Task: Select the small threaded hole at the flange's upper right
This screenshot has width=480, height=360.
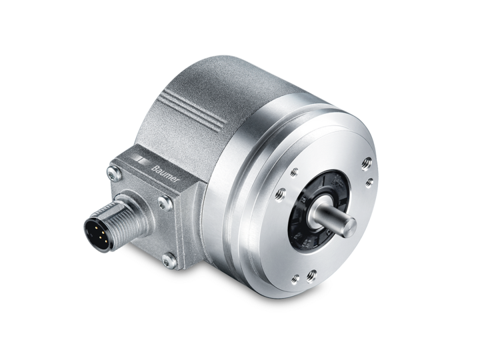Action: [369, 183]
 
